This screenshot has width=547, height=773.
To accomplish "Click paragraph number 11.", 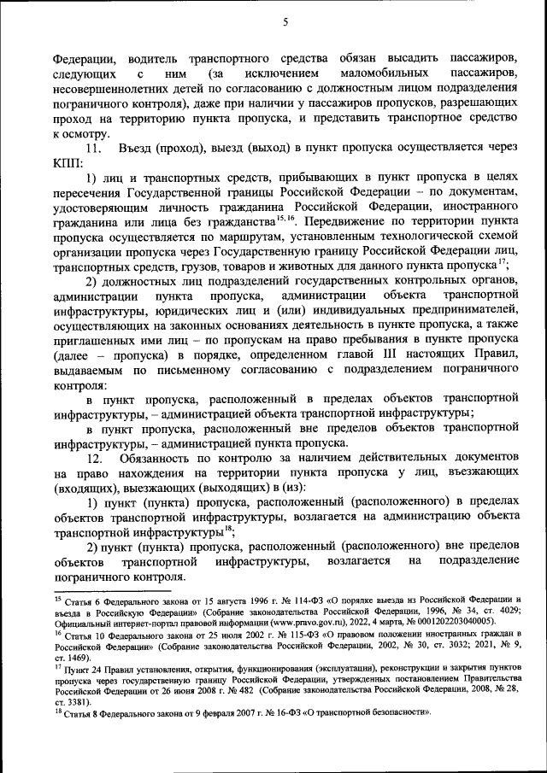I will (95, 148).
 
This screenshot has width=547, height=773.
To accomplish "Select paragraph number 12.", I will (95, 459).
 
